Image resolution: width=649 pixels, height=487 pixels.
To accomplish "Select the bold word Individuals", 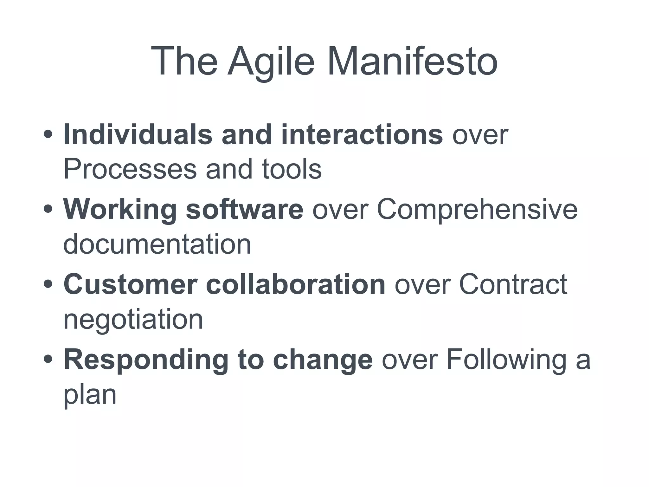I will pos(138,135).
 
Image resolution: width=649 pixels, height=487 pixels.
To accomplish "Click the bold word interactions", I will pos(362,135).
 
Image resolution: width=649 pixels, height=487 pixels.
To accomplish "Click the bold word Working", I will pos(120,210).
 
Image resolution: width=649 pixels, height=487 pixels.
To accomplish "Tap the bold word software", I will pos(245,210).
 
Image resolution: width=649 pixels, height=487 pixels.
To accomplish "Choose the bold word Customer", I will pos(130,284).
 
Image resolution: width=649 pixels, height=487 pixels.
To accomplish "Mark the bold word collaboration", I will pos(295,284).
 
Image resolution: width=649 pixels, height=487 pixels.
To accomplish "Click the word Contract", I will pos(513,284).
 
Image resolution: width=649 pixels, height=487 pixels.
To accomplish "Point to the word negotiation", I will pos(133,319).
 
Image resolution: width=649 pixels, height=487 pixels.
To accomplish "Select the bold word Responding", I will pos(146,360).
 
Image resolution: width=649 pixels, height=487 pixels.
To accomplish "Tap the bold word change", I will pos(323,360).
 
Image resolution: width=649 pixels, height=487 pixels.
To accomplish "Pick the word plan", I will pos(90,395).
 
